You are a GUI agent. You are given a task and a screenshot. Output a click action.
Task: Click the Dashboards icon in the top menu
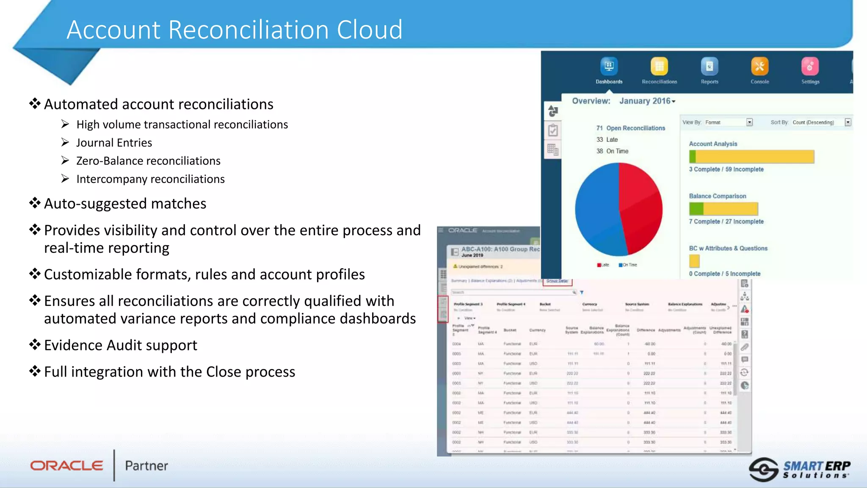[609, 66]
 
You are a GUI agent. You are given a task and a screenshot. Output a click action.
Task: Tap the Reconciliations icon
[659, 66]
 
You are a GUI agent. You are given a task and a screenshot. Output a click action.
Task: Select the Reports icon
[710, 66]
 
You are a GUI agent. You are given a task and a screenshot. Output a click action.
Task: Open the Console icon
[760, 66]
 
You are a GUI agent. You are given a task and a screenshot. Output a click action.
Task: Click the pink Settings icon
[810, 66]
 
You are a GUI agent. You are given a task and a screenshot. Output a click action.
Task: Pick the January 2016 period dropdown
[647, 101]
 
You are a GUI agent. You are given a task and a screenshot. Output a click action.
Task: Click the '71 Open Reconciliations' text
[631, 128]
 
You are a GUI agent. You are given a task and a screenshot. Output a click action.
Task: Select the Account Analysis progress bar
[751, 157]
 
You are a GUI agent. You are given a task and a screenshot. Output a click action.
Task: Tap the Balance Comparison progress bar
[723, 209]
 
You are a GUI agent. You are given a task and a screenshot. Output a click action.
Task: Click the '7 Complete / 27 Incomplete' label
[726, 222]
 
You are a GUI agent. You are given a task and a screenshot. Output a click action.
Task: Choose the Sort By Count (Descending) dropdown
[821, 122]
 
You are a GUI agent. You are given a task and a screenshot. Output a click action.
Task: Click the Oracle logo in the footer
[66, 466]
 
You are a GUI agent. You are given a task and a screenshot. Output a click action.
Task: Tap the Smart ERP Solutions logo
[800, 469]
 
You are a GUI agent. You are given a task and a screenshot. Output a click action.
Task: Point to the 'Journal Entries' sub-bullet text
[114, 143]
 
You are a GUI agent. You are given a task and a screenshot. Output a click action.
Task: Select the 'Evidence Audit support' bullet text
[121, 345]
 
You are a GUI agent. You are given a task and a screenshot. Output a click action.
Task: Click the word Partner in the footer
[146, 466]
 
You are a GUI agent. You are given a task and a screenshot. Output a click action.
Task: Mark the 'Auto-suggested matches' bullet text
[125, 204]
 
